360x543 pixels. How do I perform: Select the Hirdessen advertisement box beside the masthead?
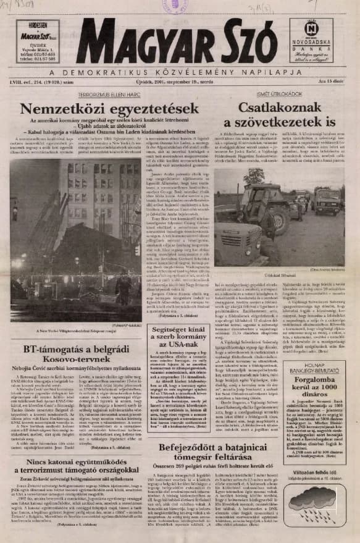39,40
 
